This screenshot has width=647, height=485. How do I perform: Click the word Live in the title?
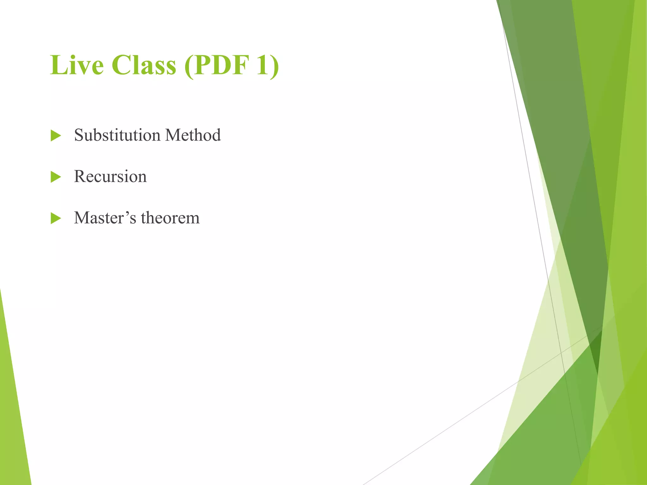coord(77,65)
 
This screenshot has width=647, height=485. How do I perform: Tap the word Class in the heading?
coord(144,65)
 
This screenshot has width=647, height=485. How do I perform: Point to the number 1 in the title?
coord(263,65)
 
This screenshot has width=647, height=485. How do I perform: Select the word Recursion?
coord(110,177)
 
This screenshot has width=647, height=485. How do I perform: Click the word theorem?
coord(170,218)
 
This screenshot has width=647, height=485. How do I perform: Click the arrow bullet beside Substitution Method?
coord(56,136)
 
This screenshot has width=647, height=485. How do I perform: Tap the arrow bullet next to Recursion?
coord(56,177)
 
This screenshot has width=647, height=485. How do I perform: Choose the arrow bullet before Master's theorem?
coord(56,219)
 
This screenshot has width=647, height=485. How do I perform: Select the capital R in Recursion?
coord(80,177)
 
